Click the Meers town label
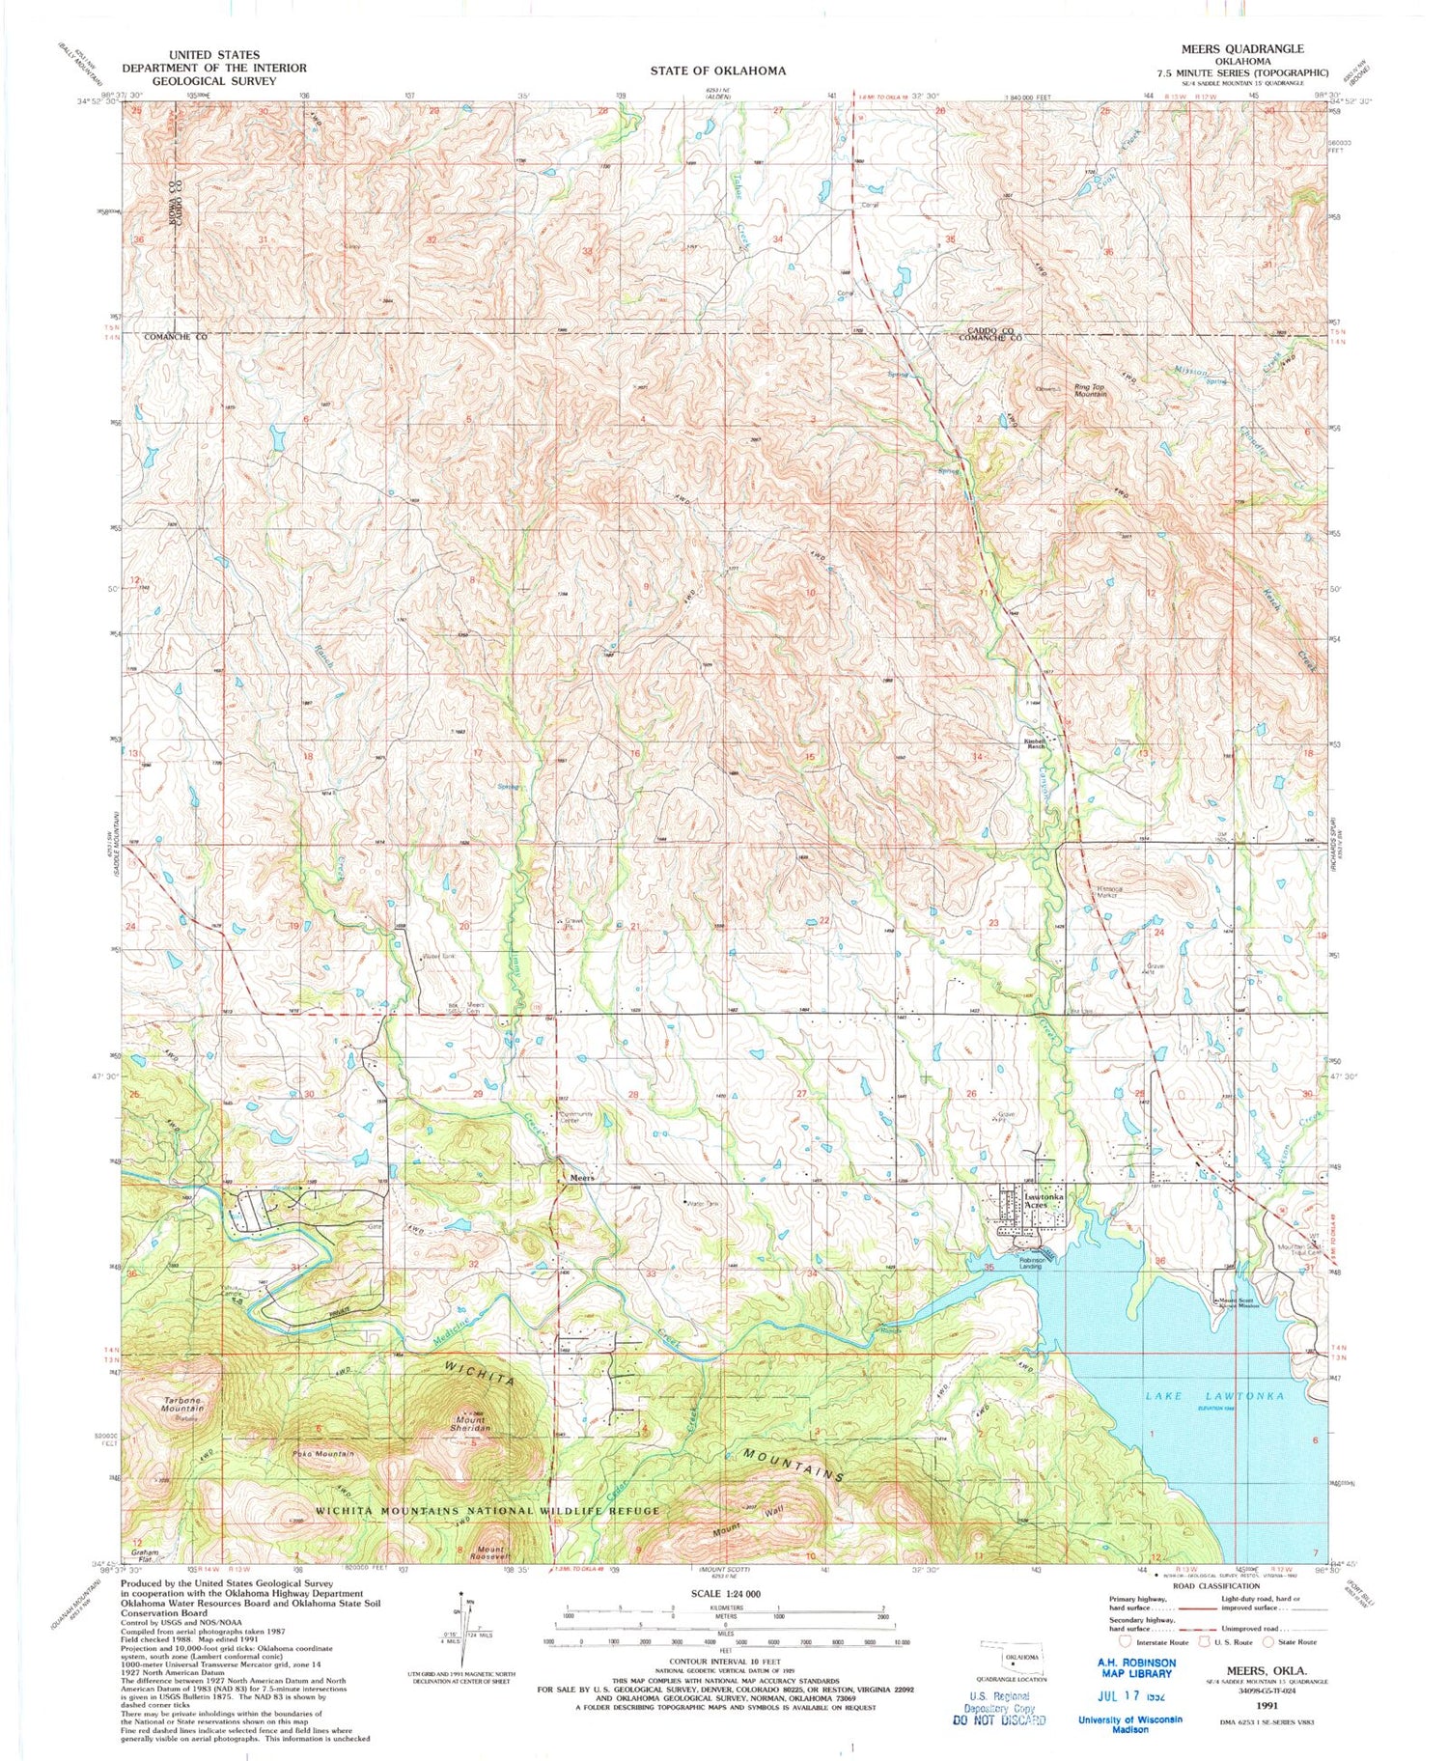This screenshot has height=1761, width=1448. (580, 1179)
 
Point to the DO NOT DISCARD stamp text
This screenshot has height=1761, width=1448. (998, 1719)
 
